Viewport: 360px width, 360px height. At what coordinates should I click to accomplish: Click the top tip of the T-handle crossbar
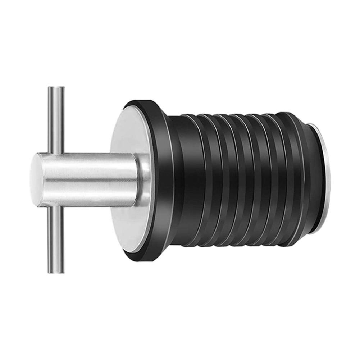(56, 88)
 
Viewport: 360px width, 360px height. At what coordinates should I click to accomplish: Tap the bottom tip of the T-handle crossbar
(56, 272)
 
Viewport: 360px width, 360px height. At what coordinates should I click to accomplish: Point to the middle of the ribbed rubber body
(237, 180)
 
